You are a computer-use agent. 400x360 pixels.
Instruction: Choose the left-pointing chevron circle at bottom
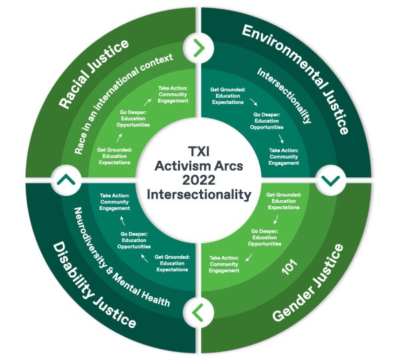(x=199, y=311)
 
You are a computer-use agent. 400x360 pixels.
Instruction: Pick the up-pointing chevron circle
(x=69, y=180)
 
